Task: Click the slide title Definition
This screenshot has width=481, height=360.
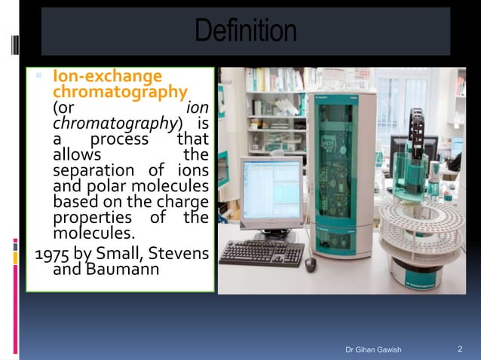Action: pyautogui.click(x=245, y=32)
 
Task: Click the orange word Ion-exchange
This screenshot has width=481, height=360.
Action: pyautogui.click(x=107, y=77)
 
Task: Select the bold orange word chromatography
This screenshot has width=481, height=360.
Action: pyautogui.click(x=119, y=92)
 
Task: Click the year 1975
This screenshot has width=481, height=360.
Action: pyautogui.click(x=53, y=252)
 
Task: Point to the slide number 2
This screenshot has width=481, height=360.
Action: pyautogui.click(x=460, y=349)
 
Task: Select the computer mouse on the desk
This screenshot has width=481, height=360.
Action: pyautogui.click(x=310, y=263)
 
